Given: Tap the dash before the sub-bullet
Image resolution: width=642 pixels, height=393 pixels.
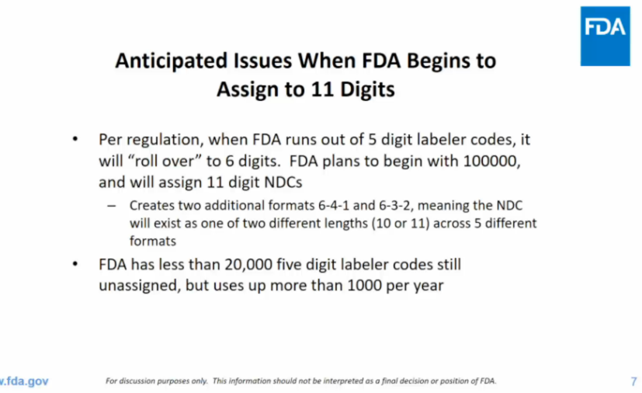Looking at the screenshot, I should (113, 206).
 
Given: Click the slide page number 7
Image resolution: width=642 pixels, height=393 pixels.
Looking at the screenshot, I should (633, 381).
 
